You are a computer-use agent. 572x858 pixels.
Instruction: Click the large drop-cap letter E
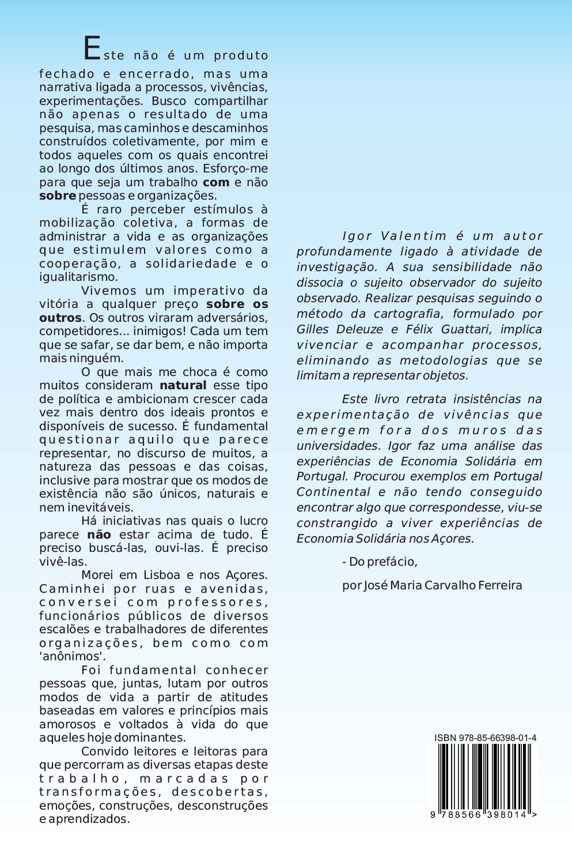coord(92,48)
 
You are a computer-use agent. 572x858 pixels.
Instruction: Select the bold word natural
coord(183,385)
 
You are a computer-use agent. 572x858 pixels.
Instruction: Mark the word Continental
coord(334,492)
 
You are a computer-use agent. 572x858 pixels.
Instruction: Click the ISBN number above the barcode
coord(485,738)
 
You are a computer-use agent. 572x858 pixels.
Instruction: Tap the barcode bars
coord(484,776)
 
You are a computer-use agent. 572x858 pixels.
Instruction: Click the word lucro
coord(253,521)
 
